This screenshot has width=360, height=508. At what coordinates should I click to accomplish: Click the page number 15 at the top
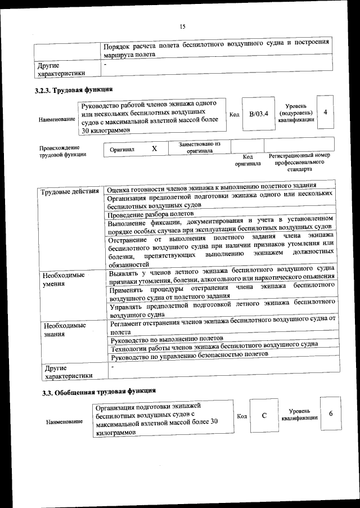tap(182, 26)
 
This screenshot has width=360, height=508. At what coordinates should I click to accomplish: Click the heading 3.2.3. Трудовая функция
tap(73, 90)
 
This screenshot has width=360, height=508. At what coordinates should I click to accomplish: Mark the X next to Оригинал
tap(154, 149)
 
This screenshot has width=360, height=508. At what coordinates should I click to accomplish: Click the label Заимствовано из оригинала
tap(199, 147)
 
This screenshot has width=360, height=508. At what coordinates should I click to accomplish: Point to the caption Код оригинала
tap(247, 160)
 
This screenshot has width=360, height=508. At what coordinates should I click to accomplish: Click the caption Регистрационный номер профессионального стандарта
tap(299, 162)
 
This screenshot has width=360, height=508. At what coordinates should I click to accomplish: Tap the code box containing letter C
tap(264, 416)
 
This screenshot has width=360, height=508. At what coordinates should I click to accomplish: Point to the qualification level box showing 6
tap(331, 413)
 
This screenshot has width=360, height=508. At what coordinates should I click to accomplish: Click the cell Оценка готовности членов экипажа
tap(211, 187)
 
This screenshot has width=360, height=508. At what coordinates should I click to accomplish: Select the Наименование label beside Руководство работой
tap(56, 119)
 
